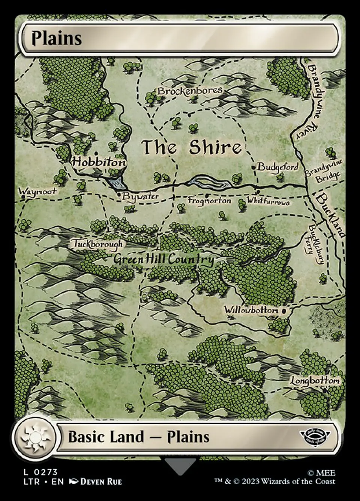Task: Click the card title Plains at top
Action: [x=56, y=38]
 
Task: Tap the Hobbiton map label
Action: [x=99, y=162]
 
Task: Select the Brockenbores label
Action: [x=190, y=91]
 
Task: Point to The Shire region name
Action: [x=191, y=147]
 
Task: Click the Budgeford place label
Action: [x=278, y=167]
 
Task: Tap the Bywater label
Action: [x=140, y=196]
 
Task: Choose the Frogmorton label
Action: [x=209, y=201]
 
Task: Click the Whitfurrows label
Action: [x=268, y=201]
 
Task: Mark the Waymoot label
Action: [x=37, y=191]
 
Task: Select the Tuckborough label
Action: [x=97, y=244]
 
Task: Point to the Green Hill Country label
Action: [x=164, y=259]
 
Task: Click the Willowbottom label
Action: [x=251, y=310]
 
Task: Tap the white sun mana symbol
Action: [x=34, y=437]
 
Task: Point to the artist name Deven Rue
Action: [x=101, y=482]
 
